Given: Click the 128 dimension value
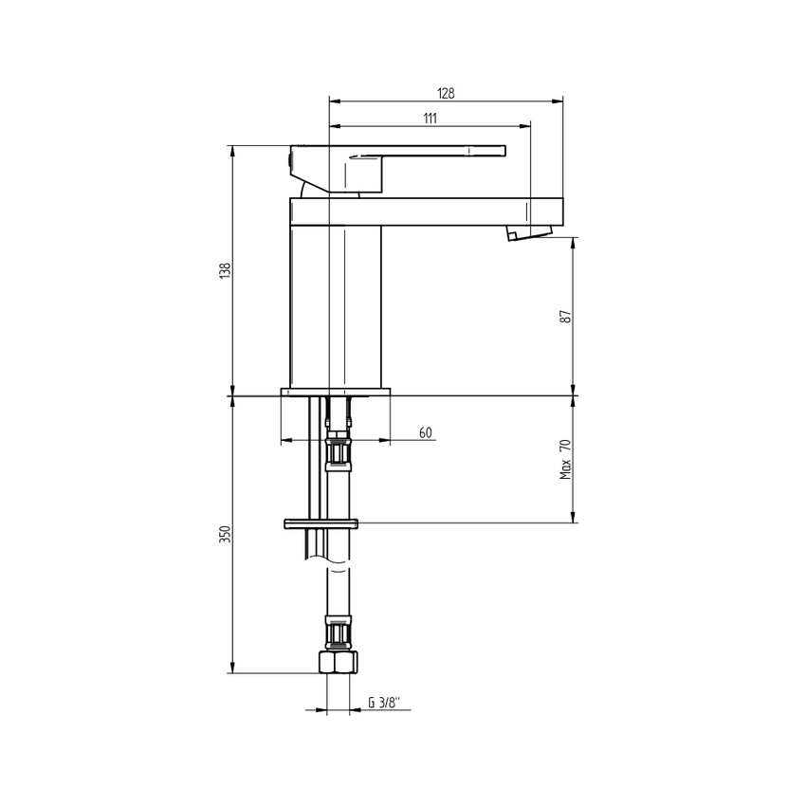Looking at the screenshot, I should (446, 93).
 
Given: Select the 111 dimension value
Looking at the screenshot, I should (430, 119).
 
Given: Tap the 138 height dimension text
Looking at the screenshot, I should (225, 270).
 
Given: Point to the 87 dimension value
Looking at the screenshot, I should (566, 317).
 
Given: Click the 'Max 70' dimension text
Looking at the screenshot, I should (566, 458).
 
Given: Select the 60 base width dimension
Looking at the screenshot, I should (425, 432).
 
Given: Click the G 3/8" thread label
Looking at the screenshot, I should (384, 704).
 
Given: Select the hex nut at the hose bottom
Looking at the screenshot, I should (338, 662).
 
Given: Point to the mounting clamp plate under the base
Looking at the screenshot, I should (321, 523).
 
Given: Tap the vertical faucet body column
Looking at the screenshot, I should (335, 303).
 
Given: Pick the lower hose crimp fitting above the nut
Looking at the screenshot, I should (339, 632).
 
